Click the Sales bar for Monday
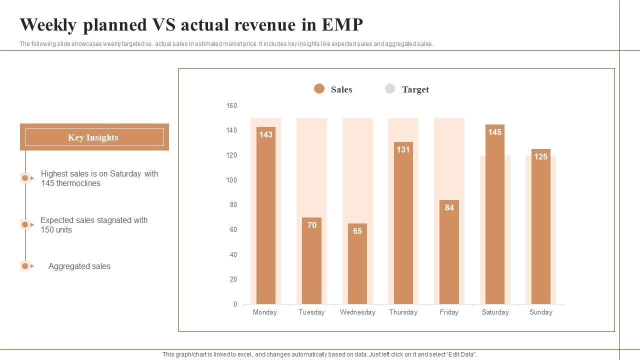point(265,215)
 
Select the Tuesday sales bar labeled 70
point(311,260)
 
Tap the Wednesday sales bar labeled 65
point(357,263)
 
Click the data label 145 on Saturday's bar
point(494,132)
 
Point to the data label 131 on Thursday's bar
point(403,149)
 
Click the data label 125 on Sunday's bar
point(540,156)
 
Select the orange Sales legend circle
point(319,89)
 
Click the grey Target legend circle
point(390,89)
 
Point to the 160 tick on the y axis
point(231,105)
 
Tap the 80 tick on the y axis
point(233,205)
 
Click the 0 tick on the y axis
point(235,304)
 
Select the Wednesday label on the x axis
point(357,312)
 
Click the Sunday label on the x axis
point(541,312)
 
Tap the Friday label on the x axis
point(449,312)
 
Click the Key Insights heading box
point(94,137)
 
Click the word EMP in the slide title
point(342,24)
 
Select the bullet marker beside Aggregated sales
point(25,266)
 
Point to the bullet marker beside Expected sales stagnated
point(25,224)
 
